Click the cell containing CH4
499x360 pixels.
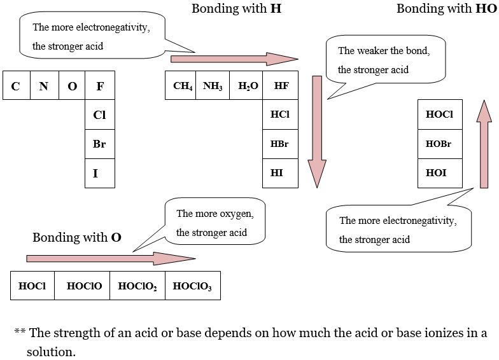pyautogui.click(x=181, y=85)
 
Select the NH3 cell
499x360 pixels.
pyautogui.click(x=213, y=85)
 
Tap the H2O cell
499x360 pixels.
pyautogui.click(x=246, y=85)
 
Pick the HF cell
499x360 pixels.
pyautogui.click(x=280, y=85)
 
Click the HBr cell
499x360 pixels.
pyautogui.click(x=280, y=144)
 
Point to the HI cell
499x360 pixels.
pyautogui.click(x=280, y=173)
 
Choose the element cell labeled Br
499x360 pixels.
pyautogui.click(x=100, y=144)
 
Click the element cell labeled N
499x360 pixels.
pyautogui.click(x=45, y=85)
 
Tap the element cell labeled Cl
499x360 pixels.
pyautogui.click(x=100, y=114)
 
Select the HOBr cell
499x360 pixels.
pyautogui.click(x=440, y=144)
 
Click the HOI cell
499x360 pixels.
pyautogui.click(x=440, y=173)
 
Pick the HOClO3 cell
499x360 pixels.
pyautogui.click(x=193, y=286)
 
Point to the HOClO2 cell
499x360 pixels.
pyautogui.click(x=137, y=286)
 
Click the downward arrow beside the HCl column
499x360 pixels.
pyautogui.click(x=317, y=132)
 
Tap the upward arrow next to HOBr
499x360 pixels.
pyautogui.click(x=484, y=144)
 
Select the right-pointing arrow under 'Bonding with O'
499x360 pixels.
pyautogui.click(x=111, y=258)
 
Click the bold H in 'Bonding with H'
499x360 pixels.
pyautogui.click(x=276, y=9)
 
